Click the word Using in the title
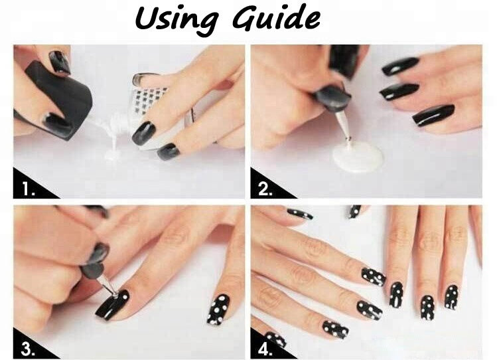click(177, 19)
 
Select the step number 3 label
click(28, 349)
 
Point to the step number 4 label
click(265, 349)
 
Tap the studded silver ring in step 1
click(149, 95)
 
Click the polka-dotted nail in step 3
click(218, 310)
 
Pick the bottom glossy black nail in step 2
click(433, 116)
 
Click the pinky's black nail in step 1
click(168, 151)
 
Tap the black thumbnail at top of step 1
click(59, 62)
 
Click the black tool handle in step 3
click(95, 260)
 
